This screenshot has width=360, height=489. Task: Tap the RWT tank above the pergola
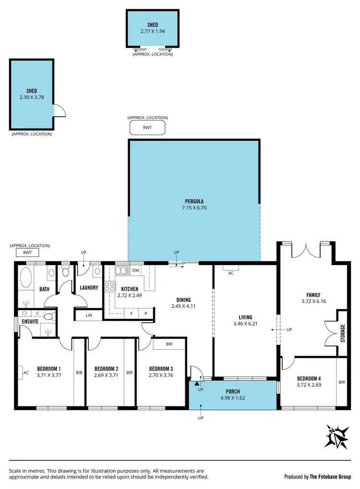pyautogui.click(x=147, y=127)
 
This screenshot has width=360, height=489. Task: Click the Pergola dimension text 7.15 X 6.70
pyautogui.click(x=194, y=208)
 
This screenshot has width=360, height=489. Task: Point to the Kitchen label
pyautogui.click(x=130, y=289)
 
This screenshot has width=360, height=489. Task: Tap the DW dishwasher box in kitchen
pyautogui.click(x=136, y=270)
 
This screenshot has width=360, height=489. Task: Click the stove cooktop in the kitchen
pyautogui.click(x=110, y=287)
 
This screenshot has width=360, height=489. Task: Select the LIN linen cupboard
pyautogui.click(x=89, y=315)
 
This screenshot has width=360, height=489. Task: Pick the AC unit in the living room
pyautogui.click(x=231, y=272)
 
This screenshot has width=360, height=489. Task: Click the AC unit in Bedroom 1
pyautogui.click(x=25, y=372)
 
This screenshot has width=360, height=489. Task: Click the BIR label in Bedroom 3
pyautogui.click(x=169, y=344)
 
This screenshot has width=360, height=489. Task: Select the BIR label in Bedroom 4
pyautogui.click(x=342, y=382)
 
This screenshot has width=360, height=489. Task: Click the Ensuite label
pyautogui.click(x=29, y=321)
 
